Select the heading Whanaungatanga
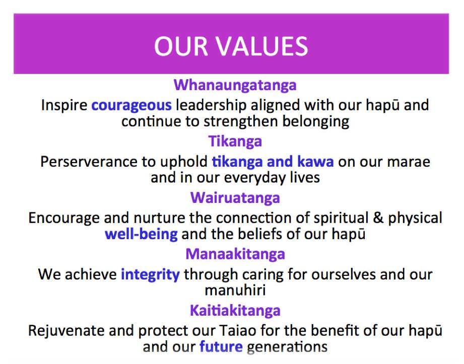[235, 86]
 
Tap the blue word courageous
[131, 106]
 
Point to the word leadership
[211, 106]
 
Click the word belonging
[315, 122]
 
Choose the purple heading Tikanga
[235, 141]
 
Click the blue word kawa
[315, 162]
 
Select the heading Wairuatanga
[235, 197]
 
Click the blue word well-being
[141, 234]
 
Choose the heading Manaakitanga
[235, 254]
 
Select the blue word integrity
[150, 275]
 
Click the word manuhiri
[235, 290]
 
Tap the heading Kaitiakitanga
[235, 311]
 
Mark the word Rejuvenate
[67, 331]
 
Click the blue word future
[221, 346]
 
